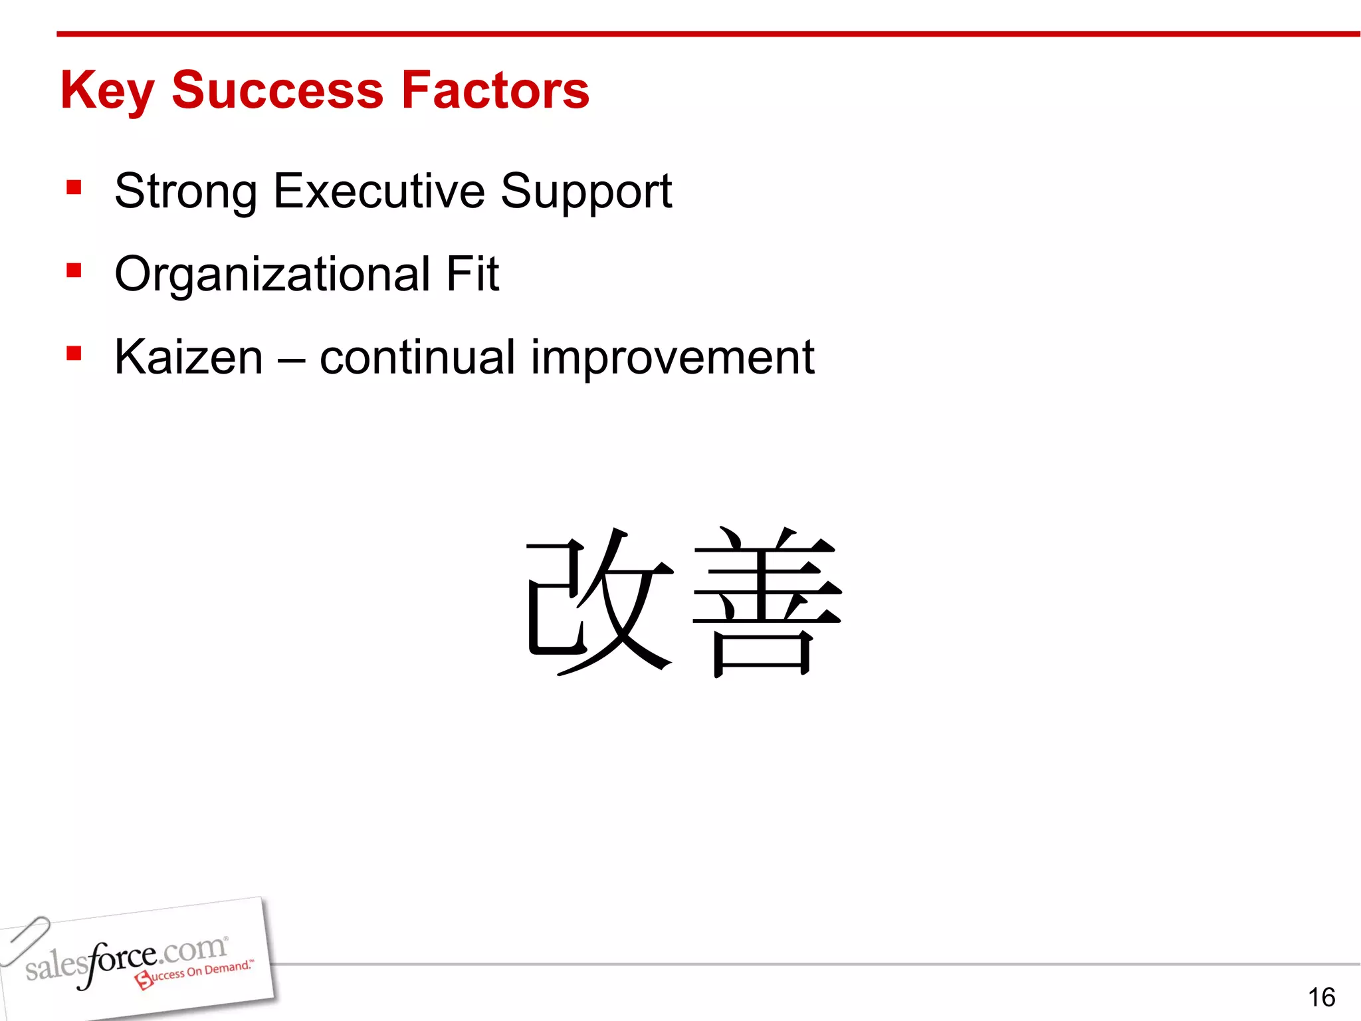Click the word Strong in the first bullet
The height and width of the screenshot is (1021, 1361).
tap(186, 191)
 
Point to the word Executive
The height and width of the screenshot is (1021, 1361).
tap(379, 191)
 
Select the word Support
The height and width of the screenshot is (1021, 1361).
tap(585, 192)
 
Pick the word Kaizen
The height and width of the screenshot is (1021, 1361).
tap(189, 357)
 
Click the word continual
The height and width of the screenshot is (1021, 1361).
tap(417, 357)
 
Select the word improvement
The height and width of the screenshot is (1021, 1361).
tap(672, 358)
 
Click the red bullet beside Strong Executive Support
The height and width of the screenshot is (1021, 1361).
tap(74, 187)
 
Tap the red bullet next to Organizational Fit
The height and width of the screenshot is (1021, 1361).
tap(74, 271)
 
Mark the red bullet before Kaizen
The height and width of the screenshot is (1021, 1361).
tap(74, 353)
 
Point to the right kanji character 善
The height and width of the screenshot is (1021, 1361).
tap(767, 601)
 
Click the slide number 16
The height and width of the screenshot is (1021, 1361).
tap(1321, 997)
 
